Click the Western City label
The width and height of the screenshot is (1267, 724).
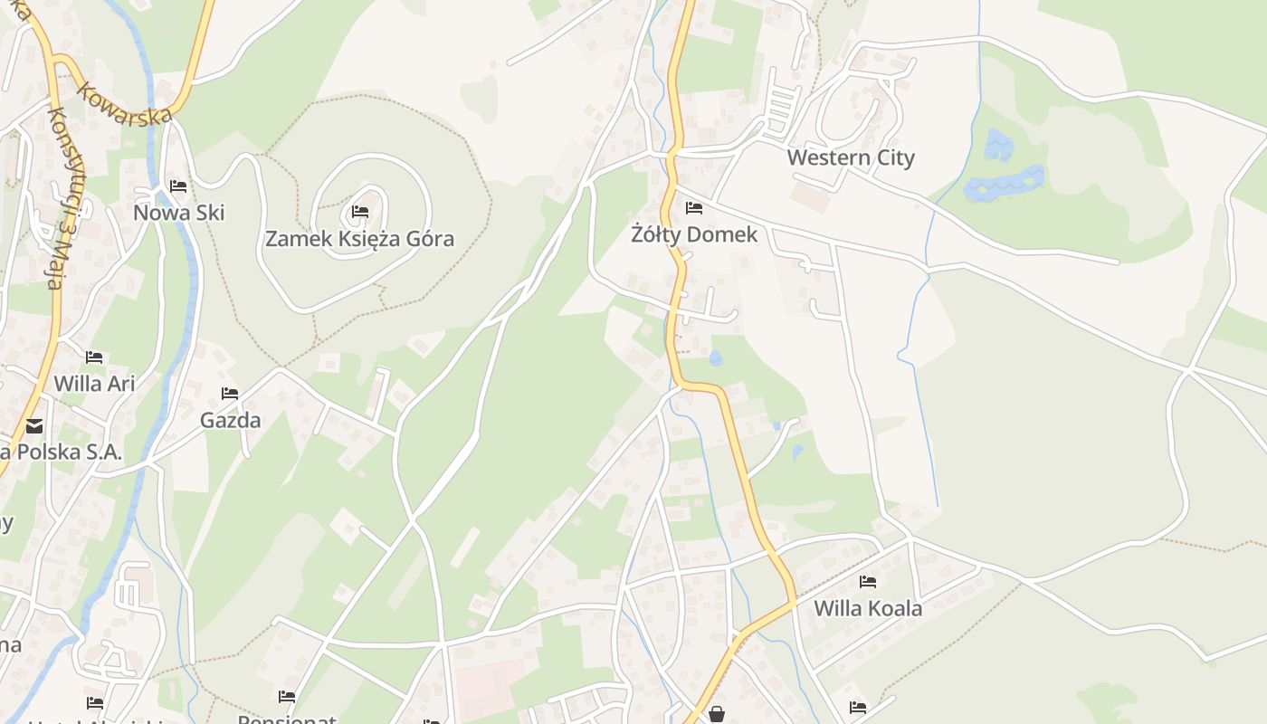851,157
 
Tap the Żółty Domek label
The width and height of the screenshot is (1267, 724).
694,234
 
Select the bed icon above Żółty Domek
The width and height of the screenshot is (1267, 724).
694,208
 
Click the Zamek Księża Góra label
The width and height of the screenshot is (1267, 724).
359,239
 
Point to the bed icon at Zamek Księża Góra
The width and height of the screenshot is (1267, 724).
360,213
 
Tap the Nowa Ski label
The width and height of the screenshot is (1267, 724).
178,213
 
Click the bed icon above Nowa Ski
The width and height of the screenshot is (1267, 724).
178,186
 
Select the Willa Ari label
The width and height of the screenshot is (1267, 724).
94,383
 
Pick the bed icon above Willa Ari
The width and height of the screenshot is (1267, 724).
94,357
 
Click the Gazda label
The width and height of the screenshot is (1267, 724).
230,420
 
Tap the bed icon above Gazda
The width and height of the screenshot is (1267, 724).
230,394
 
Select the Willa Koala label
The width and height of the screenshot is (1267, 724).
868,608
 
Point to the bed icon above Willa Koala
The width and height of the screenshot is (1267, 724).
868,582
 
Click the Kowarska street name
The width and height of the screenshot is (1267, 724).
125,103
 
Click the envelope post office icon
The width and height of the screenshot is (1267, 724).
34,425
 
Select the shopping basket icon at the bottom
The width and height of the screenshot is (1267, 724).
717,714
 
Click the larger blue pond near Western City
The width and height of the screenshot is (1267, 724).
1005,184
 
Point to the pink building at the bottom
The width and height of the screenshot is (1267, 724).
489,682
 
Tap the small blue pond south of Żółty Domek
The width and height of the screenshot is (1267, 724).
716,357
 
